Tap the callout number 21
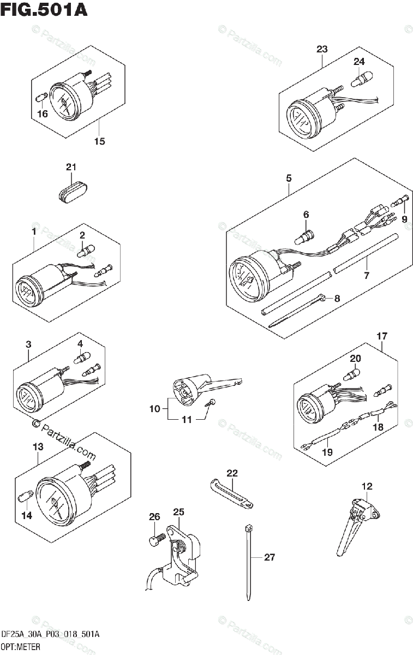pos(71,167)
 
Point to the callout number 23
pos(322,50)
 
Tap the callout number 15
pos(99,142)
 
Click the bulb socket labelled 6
pos(305,237)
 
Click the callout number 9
pos(404,219)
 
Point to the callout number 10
pos(154,409)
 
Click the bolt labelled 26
pos(154,540)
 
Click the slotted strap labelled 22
pos(231,493)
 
